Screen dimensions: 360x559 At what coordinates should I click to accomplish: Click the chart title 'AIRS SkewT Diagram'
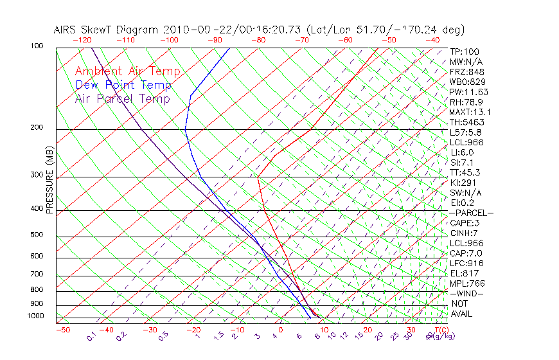pos(106,30)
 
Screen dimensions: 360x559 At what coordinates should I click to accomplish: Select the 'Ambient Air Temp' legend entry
pos(127,72)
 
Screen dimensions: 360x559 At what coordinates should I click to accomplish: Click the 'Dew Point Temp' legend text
pos(123,85)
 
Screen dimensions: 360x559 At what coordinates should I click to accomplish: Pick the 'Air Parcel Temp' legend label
pos(122,99)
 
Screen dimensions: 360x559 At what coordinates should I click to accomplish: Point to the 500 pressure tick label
pos(37,235)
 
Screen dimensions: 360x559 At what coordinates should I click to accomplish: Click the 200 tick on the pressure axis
pos(37,127)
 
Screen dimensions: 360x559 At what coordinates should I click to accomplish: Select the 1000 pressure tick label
pos(35,316)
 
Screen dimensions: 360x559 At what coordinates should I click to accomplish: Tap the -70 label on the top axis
pos(301,40)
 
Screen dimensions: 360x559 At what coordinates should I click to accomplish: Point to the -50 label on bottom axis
pos(62,330)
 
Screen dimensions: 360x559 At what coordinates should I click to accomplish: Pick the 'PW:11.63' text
pos(469,92)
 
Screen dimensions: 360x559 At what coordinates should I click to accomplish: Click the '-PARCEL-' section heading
pos(471,213)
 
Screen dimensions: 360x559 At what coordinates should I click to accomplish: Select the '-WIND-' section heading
pos(466,293)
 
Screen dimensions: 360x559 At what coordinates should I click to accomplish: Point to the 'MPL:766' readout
pos(467,283)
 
